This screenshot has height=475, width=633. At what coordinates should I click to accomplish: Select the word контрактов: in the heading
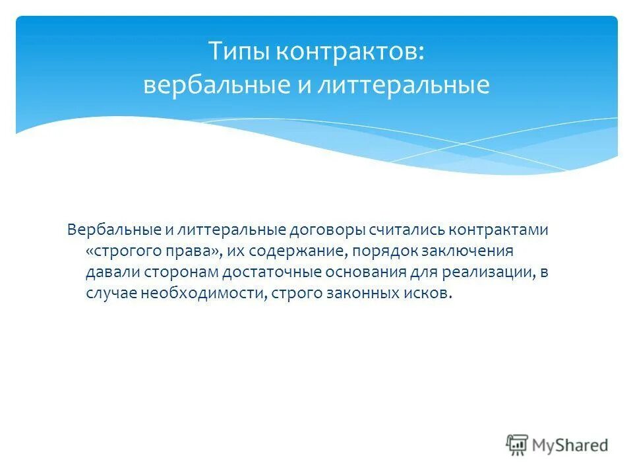[349, 51]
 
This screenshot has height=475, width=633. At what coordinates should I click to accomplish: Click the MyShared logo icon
[518, 445]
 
